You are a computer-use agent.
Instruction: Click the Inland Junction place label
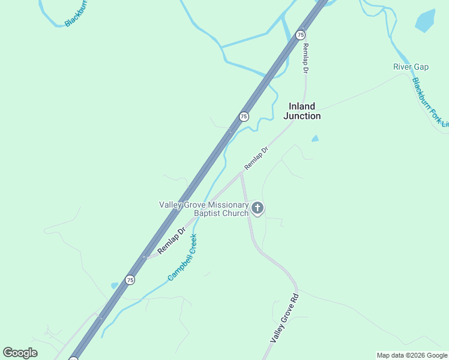(x=301, y=111)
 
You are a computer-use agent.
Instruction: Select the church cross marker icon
(x=258, y=208)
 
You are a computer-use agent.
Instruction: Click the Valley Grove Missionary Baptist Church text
(x=203, y=209)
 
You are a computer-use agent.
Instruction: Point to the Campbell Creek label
(x=182, y=257)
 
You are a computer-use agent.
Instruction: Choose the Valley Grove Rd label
(x=285, y=318)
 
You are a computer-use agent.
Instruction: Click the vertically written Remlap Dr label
(x=306, y=58)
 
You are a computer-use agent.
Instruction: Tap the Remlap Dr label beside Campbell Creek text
(x=172, y=240)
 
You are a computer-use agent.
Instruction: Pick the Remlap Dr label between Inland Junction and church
(x=256, y=158)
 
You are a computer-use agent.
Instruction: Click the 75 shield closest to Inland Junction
(x=244, y=116)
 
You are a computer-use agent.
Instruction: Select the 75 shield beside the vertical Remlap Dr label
(x=300, y=35)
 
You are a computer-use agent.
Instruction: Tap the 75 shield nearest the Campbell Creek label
(x=130, y=280)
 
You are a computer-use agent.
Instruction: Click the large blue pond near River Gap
(x=425, y=21)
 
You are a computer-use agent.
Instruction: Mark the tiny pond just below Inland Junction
(x=315, y=139)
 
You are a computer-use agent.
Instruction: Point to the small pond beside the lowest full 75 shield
(x=115, y=286)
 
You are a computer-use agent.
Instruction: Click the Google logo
(x=20, y=353)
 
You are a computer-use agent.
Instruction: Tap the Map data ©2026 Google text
(x=412, y=355)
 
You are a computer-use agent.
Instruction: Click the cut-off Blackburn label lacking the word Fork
(x=76, y=13)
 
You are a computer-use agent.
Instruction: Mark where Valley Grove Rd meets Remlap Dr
(x=241, y=173)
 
